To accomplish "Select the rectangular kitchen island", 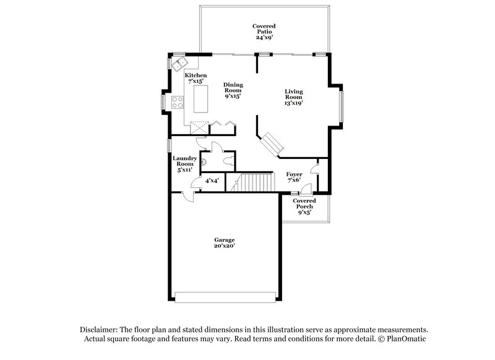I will point(202,98).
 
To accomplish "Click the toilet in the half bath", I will point(229,160).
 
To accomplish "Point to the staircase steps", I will point(256,182).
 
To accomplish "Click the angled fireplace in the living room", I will point(273,144).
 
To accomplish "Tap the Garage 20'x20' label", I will point(225,242).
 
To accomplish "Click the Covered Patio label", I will point(264,32).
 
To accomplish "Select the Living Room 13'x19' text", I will point(293,97).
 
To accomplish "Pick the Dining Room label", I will point(233,90).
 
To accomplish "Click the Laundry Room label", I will point(184,163).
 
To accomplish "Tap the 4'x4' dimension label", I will point(212,181).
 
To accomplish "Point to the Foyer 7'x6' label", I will point(294,178).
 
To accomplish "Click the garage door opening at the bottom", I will point(225,297).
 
